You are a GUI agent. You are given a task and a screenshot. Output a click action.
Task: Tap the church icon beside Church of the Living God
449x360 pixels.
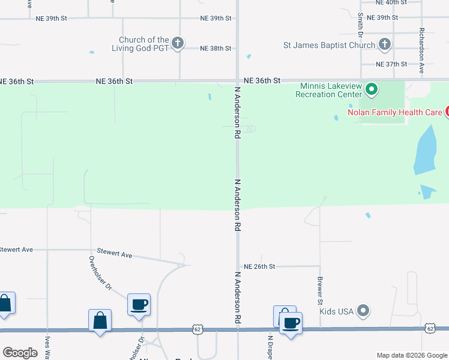tap(177, 43)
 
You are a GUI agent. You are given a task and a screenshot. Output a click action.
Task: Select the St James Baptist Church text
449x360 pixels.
tap(330, 45)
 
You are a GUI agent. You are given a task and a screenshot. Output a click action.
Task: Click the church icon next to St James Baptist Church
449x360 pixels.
tap(385, 44)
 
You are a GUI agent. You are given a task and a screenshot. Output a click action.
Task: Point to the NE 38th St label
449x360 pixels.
tap(215, 48)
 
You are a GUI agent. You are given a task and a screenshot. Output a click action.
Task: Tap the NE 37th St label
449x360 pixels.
tap(391, 64)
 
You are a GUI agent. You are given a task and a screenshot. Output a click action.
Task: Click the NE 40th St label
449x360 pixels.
tap(391, 2)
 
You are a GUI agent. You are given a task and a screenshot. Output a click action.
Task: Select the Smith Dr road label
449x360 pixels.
tap(361, 23)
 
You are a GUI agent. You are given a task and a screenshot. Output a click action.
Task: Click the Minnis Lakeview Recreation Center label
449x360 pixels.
tap(330, 90)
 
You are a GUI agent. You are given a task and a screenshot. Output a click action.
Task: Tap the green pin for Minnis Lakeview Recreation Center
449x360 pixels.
tap(372, 90)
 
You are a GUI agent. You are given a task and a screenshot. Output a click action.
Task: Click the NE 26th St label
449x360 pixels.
tap(259, 266)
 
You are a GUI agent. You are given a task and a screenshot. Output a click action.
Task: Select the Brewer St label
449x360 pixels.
tap(320, 289)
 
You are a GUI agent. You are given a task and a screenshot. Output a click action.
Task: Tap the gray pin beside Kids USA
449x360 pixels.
tap(363, 311)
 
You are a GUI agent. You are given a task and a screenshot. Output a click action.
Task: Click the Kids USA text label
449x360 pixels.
tap(336, 311)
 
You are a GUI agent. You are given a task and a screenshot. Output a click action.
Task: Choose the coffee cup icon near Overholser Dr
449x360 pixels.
tap(139, 305)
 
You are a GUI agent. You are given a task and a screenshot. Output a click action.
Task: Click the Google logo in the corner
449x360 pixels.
tap(20, 353)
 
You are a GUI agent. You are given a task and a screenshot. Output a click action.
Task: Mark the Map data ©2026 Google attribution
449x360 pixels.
tap(411, 355)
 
